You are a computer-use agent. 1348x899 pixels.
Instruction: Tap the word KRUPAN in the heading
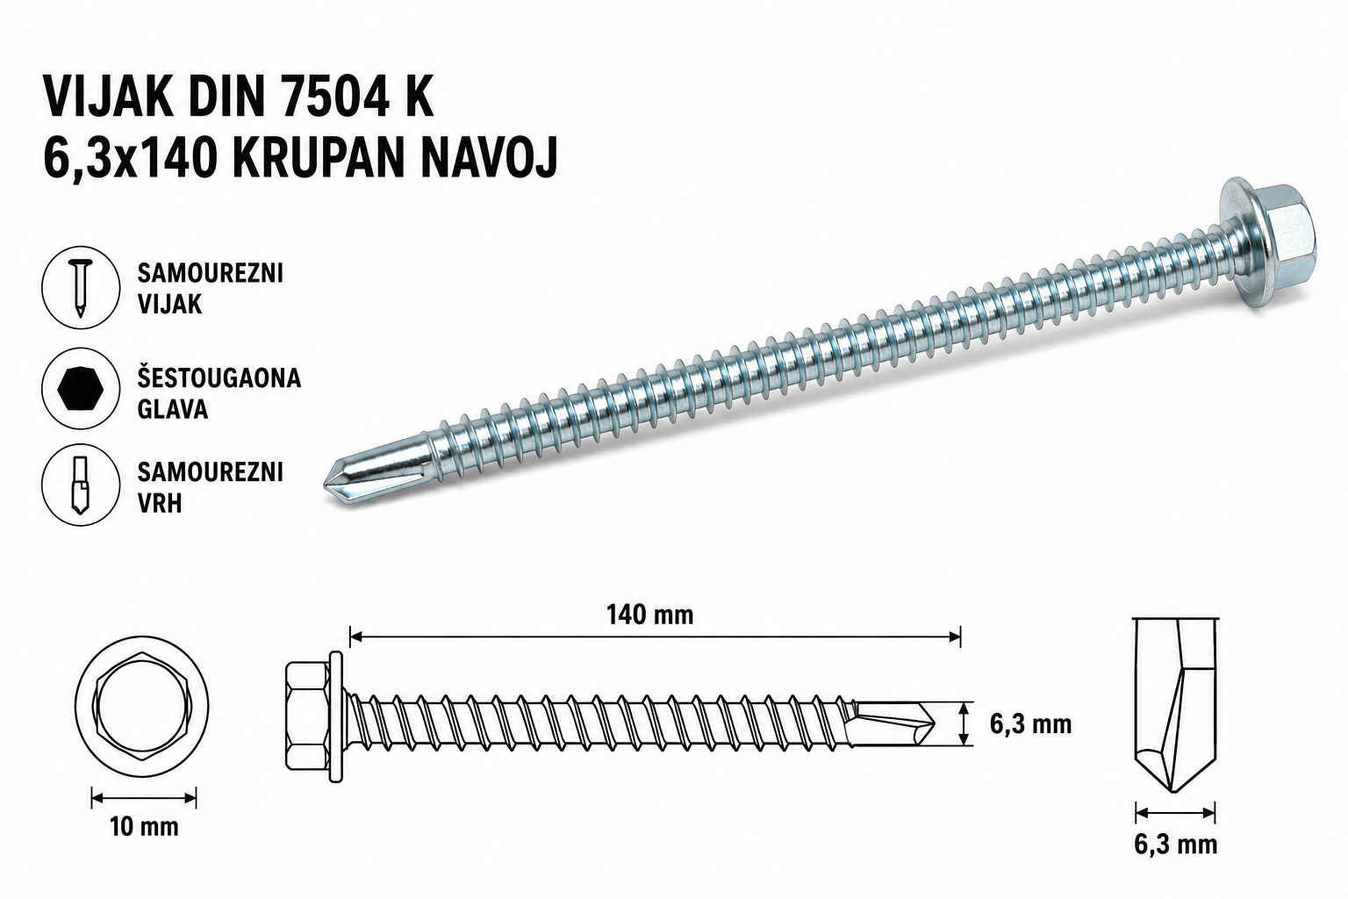[318, 156]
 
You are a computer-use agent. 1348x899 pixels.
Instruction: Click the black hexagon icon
[81, 389]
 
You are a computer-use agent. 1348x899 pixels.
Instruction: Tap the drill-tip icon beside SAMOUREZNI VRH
[80, 485]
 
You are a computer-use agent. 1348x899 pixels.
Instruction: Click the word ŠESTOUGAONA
[219, 377]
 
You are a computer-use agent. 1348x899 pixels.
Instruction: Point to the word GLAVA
[173, 409]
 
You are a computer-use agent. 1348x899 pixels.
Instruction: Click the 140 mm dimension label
[650, 615]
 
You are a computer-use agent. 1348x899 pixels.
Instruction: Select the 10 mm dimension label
[145, 827]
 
